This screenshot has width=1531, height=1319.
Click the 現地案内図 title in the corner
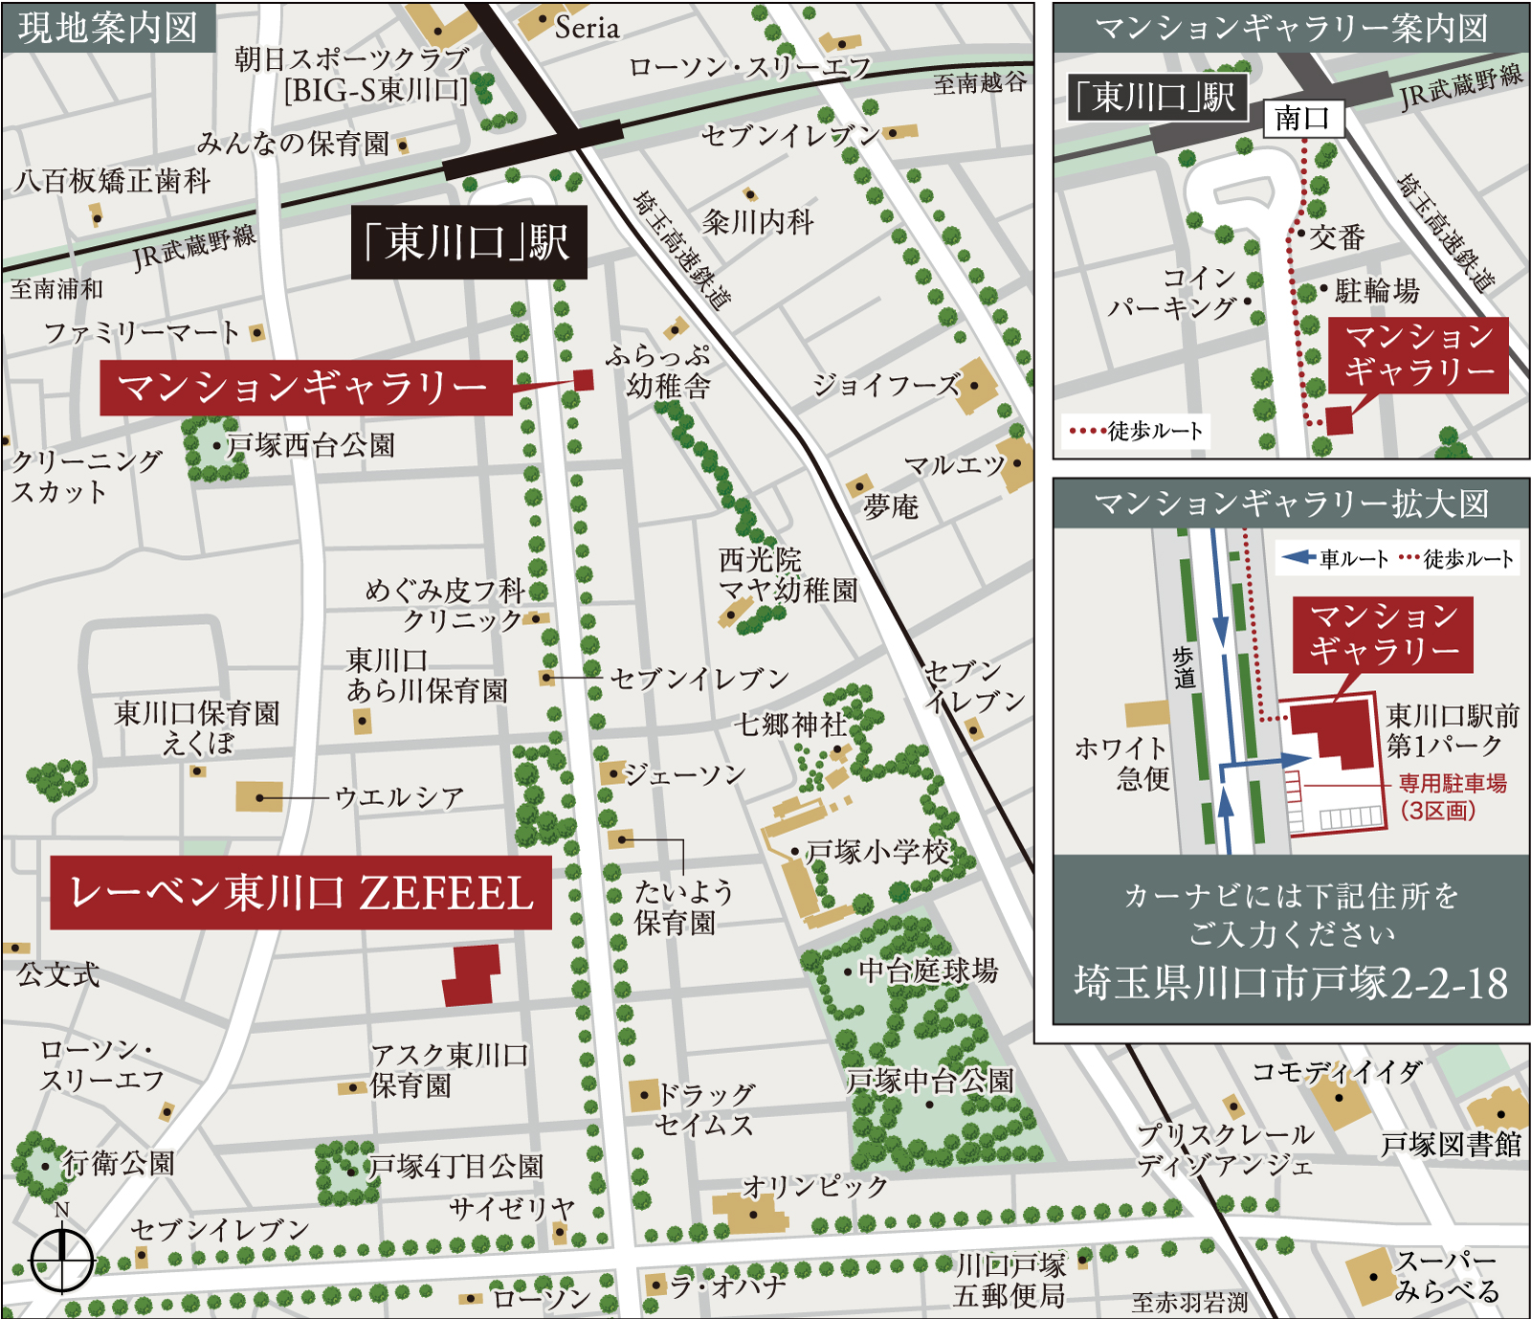pos(107,27)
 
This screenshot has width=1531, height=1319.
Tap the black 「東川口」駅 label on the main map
pos(468,242)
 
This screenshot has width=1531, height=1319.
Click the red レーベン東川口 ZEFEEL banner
pos(300,893)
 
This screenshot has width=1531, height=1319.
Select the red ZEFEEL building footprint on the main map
pos(472,975)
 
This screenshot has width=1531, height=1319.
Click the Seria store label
pos(587,28)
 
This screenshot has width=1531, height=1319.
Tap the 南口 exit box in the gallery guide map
pos(1302,119)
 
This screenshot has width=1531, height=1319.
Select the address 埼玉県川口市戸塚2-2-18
pos(1291,983)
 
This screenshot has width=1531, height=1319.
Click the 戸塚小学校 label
pos(877,851)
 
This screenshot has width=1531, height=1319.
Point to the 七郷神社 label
pos(789,725)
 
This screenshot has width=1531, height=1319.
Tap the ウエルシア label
pos(399,797)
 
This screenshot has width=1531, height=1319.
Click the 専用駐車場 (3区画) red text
pos(1451,796)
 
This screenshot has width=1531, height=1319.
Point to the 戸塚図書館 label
pos(1450,1144)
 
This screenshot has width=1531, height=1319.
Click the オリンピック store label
pos(815,1186)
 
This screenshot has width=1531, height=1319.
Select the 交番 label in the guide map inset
pos(1337,237)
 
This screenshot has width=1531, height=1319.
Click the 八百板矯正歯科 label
pos(113,181)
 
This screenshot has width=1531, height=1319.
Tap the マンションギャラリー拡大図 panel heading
pos(1291,503)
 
